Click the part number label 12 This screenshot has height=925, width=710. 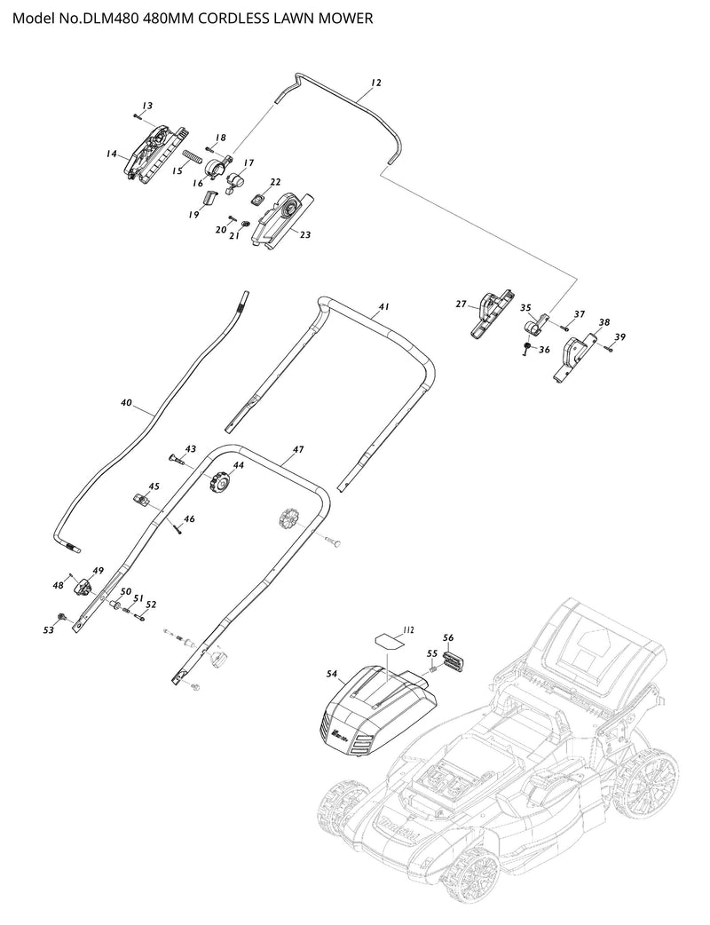click(376, 83)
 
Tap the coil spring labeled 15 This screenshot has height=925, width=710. click(193, 157)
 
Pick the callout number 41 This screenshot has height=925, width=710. click(384, 307)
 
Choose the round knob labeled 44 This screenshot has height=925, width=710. click(218, 481)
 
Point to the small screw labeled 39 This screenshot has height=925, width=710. click(609, 349)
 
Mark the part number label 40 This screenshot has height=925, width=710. click(126, 403)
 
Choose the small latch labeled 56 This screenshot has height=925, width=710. click(454, 660)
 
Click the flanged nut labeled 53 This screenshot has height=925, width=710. click(62, 618)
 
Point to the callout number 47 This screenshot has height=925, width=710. click(298, 449)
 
